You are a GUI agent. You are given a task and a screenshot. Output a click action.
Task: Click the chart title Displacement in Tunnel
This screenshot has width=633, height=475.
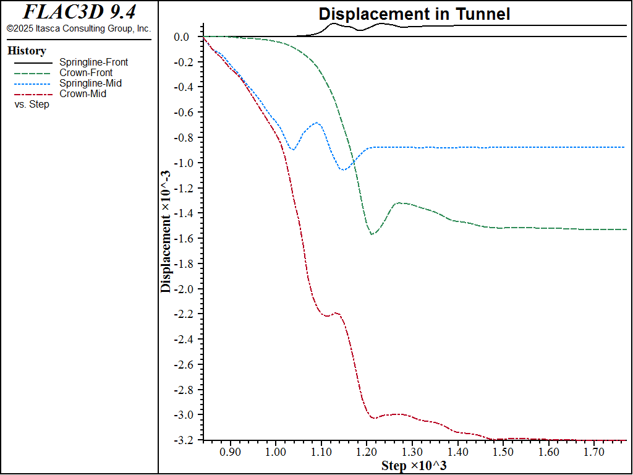(414, 14)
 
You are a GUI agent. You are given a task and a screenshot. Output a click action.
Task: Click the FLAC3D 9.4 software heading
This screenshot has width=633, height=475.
(79, 12)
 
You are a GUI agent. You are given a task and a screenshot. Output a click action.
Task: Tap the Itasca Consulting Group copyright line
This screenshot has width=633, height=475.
(79, 28)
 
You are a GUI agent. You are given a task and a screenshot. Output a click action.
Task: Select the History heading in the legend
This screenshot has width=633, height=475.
(27, 51)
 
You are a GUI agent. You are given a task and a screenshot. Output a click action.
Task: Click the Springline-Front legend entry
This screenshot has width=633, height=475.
(93, 62)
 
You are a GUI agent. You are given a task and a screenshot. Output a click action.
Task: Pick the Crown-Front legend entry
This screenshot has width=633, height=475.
(86, 72)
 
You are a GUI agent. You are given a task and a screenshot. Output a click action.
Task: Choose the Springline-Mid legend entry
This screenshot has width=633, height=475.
(90, 83)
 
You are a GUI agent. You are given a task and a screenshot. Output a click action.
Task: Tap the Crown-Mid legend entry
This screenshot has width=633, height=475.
(83, 94)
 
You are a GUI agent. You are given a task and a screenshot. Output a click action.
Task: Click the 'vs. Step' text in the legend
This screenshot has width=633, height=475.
(32, 105)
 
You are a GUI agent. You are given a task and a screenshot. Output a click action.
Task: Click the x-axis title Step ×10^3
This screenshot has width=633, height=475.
(414, 466)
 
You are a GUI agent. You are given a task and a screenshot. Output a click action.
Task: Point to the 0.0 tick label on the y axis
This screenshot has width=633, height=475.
(181, 37)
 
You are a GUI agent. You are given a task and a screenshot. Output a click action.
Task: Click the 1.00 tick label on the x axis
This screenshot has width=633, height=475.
(276, 452)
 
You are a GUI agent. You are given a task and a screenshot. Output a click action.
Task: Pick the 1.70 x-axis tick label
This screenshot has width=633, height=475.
(594, 452)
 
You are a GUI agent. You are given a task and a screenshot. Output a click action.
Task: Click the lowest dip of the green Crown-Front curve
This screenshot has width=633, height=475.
(372, 234)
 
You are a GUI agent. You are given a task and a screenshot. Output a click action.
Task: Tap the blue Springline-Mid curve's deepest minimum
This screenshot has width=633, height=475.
(342, 169)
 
